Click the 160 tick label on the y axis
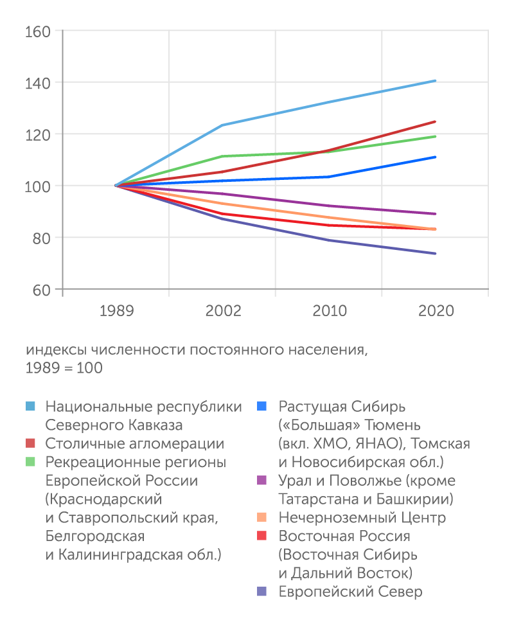click(x=38, y=31)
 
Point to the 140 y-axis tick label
click(x=38, y=82)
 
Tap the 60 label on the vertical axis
click(x=41, y=289)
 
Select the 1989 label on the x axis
click(x=116, y=311)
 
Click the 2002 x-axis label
click(x=223, y=311)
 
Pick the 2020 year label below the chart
click(x=436, y=311)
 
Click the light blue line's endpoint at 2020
click(x=436, y=81)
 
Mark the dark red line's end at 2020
click(x=436, y=121)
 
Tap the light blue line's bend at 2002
click(x=222, y=125)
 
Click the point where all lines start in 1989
click(x=116, y=186)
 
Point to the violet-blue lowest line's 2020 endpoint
click(x=436, y=253)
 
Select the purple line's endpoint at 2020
click(x=436, y=214)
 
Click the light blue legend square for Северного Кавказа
click(x=30, y=407)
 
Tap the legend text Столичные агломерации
click(x=135, y=444)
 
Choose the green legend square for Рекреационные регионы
click(x=30, y=463)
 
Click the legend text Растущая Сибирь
click(x=342, y=407)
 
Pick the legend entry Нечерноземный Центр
click(x=362, y=518)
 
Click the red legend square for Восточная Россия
click(x=262, y=537)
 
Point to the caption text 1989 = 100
click(x=64, y=369)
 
